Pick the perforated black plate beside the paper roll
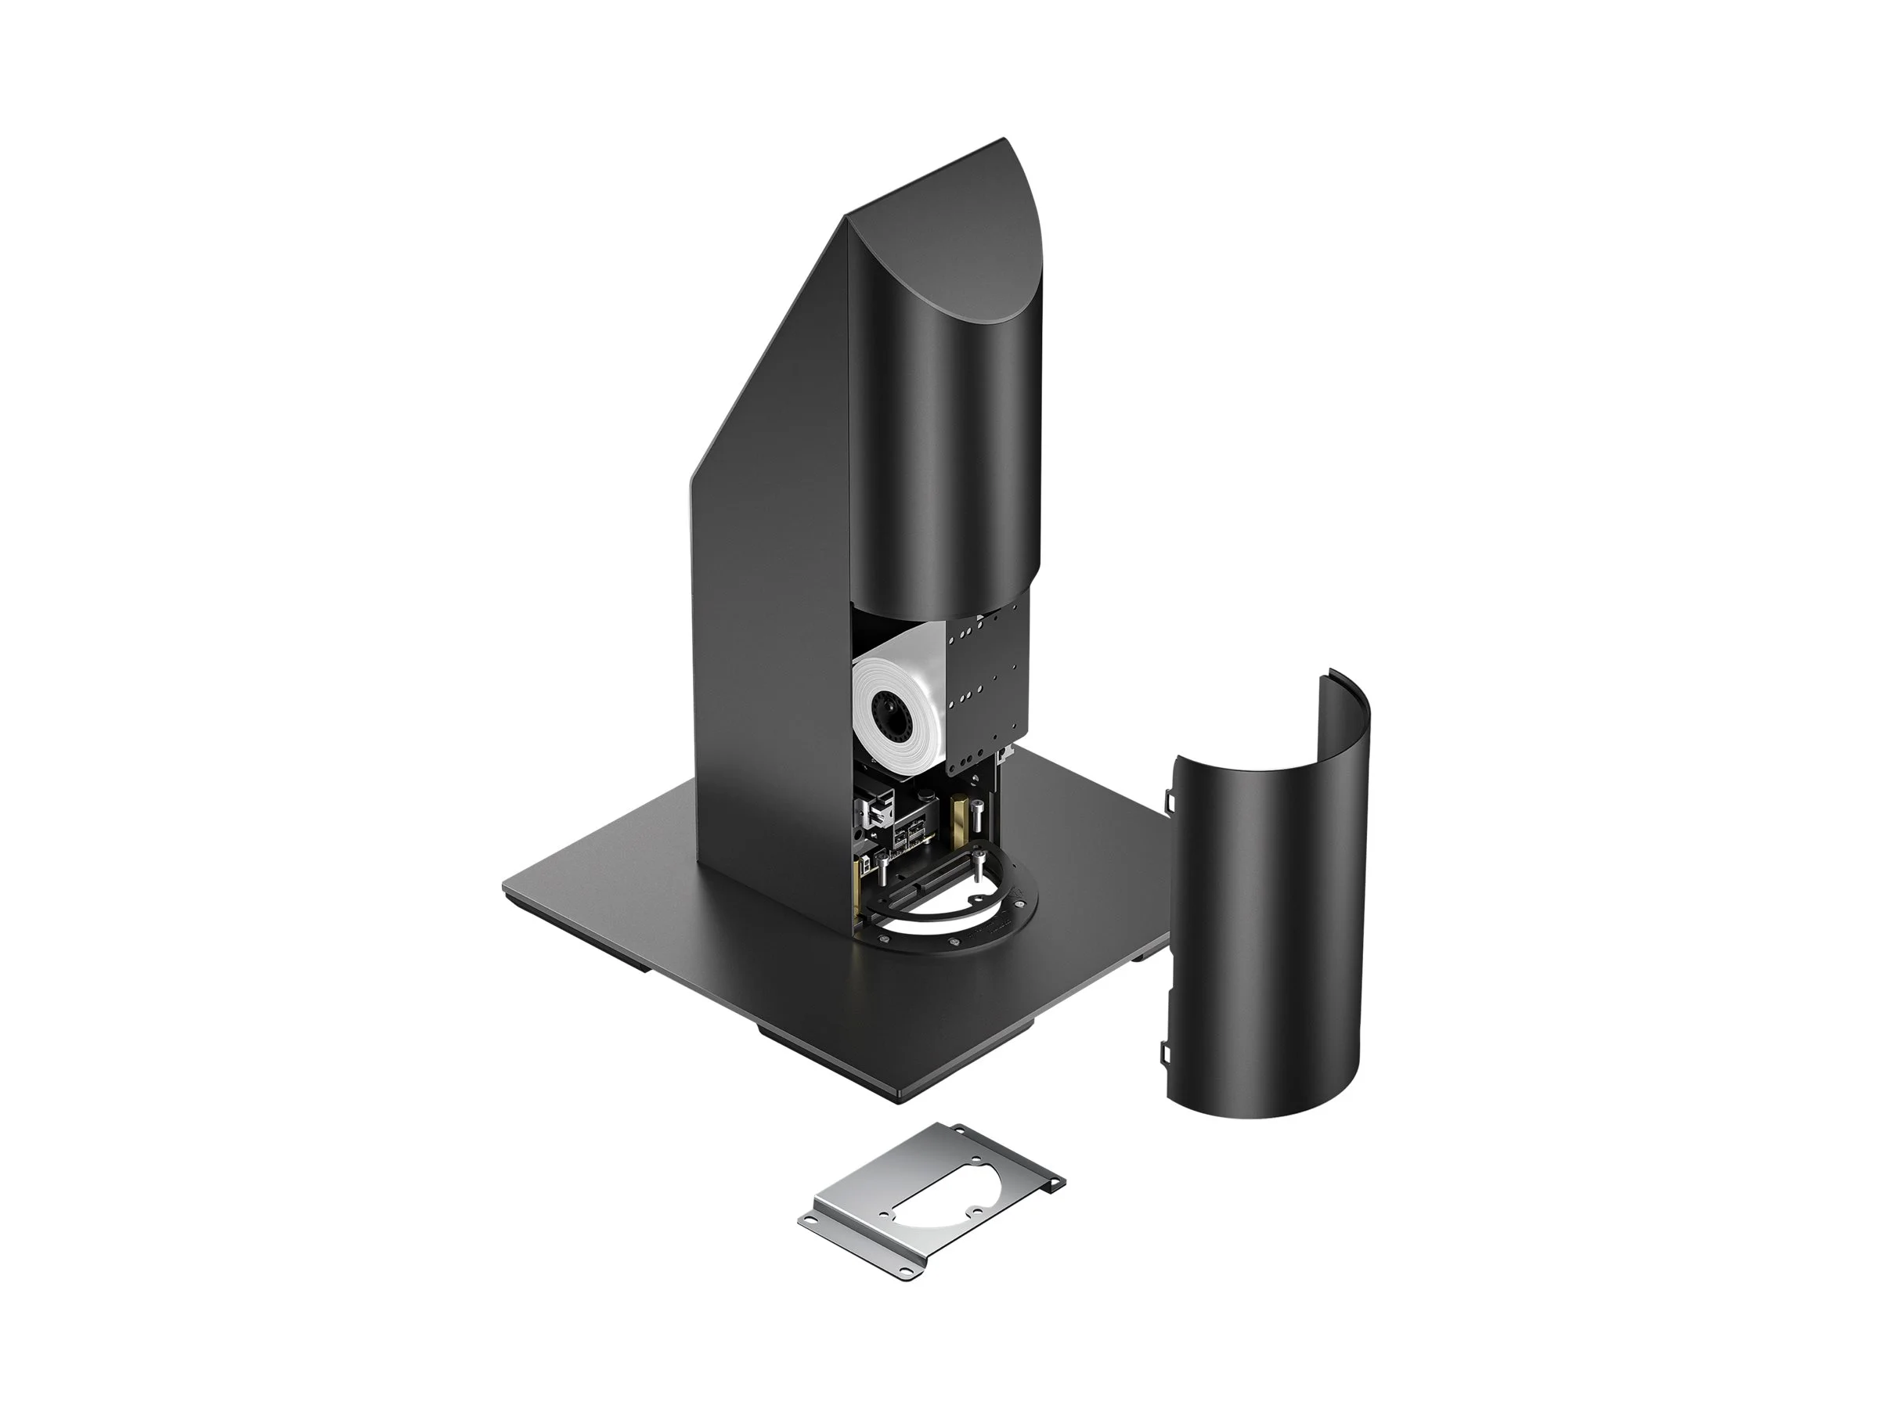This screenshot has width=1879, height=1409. tap(986, 671)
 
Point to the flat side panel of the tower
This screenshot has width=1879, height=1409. tap(773, 594)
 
